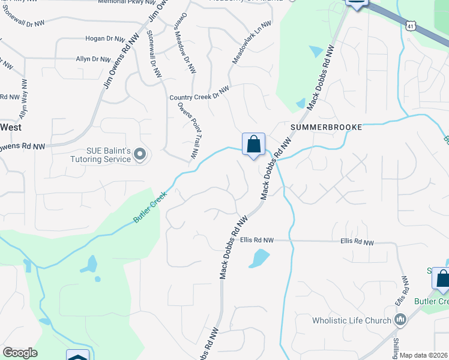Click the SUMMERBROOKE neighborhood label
[327, 128]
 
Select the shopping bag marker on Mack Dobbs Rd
[253, 145]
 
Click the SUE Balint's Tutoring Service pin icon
[140, 155]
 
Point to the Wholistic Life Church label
[351, 320]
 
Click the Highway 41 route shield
[411, 26]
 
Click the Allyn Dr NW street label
[93, 59]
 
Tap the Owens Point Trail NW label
[187, 130]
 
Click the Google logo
[20, 353]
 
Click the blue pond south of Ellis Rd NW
[259, 259]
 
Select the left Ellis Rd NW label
[256, 240]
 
